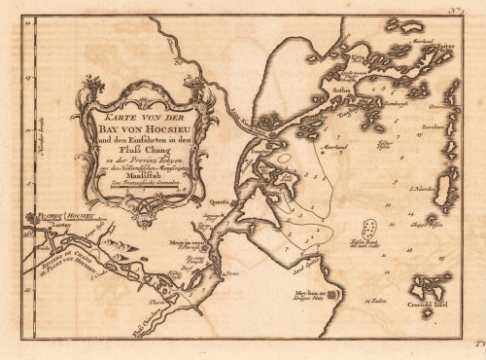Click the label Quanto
(x=218, y=201)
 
